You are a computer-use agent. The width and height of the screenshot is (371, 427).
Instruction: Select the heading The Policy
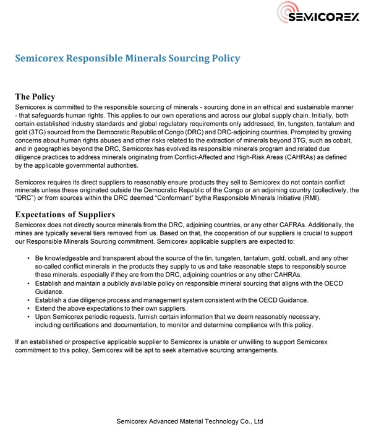click(35, 97)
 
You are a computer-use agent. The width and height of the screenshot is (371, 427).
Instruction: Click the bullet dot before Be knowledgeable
click(29, 257)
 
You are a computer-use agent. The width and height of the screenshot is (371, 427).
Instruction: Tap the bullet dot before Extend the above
click(29, 308)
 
